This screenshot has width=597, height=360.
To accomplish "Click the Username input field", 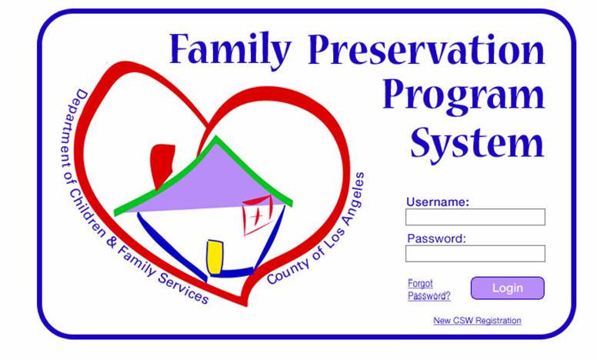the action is [475, 217].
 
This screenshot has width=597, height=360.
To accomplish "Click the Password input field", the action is [475, 253].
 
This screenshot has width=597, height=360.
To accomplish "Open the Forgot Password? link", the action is [429, 289].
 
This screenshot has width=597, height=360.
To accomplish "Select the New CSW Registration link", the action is [477, 321].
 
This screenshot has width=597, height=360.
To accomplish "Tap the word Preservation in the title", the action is [426, 49].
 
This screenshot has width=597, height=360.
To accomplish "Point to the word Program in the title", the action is [463, 98].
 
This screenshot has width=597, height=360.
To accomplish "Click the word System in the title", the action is [477, 144].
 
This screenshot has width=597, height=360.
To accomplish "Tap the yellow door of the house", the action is [215, 257].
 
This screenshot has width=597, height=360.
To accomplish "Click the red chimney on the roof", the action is [162, 164].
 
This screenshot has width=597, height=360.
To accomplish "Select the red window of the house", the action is [258, 215].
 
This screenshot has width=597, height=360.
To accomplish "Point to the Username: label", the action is [438, 202].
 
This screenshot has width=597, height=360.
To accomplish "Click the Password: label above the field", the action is [436, 238].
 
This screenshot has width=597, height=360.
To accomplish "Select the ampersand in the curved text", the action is [111, 242].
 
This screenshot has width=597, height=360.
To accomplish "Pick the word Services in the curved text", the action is [184, 288].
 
